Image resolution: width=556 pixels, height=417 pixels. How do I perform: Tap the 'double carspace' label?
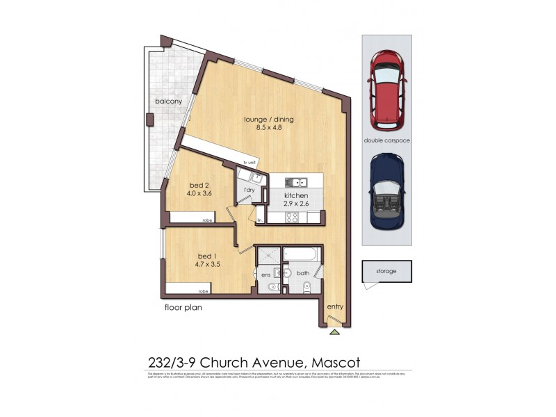coord(386,140)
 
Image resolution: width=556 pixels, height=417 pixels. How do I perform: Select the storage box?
coord(386,271)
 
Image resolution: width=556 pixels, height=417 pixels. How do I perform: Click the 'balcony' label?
coord(168,101)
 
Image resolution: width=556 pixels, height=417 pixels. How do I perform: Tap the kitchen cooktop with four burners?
coord(293,218)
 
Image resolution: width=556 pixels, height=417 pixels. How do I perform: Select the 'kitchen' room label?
coord(295,197)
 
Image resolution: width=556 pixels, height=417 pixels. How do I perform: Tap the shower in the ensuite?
coord(265,257)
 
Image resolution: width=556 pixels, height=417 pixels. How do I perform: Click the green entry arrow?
coord(335,332)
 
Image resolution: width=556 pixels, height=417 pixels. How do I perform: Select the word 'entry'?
coord(334,306)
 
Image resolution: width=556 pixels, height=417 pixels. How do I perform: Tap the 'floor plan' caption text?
coord(183,306)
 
